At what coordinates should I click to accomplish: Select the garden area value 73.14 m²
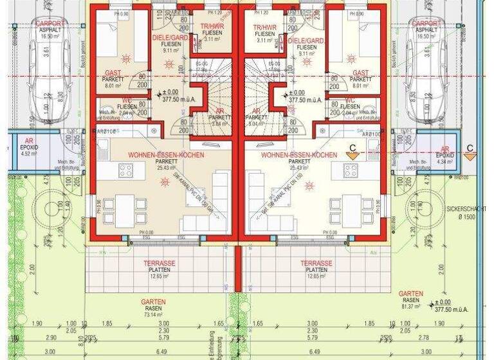(x=152, y=315)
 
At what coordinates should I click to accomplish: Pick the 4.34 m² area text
(x=444, y=162)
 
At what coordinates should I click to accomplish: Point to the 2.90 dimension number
(x=50, y=337)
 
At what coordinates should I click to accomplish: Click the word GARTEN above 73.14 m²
(x=153, y=301)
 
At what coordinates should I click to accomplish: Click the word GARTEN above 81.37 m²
(x=410, y=293)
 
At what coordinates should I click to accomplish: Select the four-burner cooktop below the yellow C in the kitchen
(x=351, y=170)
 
